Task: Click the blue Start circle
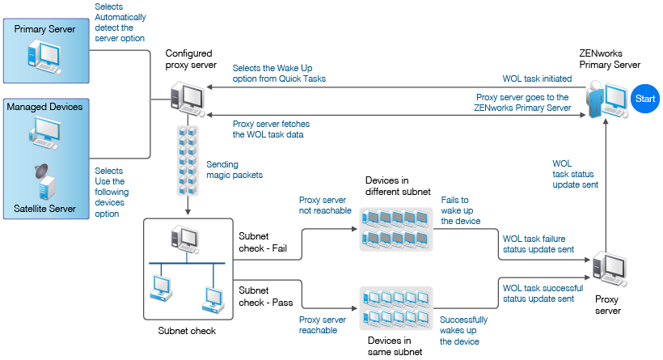(645, 99)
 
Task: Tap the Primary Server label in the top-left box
(45, 29)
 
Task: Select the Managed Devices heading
(44, 106)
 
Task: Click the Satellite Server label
(44, 208)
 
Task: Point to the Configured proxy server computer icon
(187, 98)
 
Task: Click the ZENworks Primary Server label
(610, 58)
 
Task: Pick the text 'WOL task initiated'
(537, 78)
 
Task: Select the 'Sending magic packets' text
(234, 168)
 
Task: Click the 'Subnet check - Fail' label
(261, 242)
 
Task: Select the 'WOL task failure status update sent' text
(538, 244)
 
